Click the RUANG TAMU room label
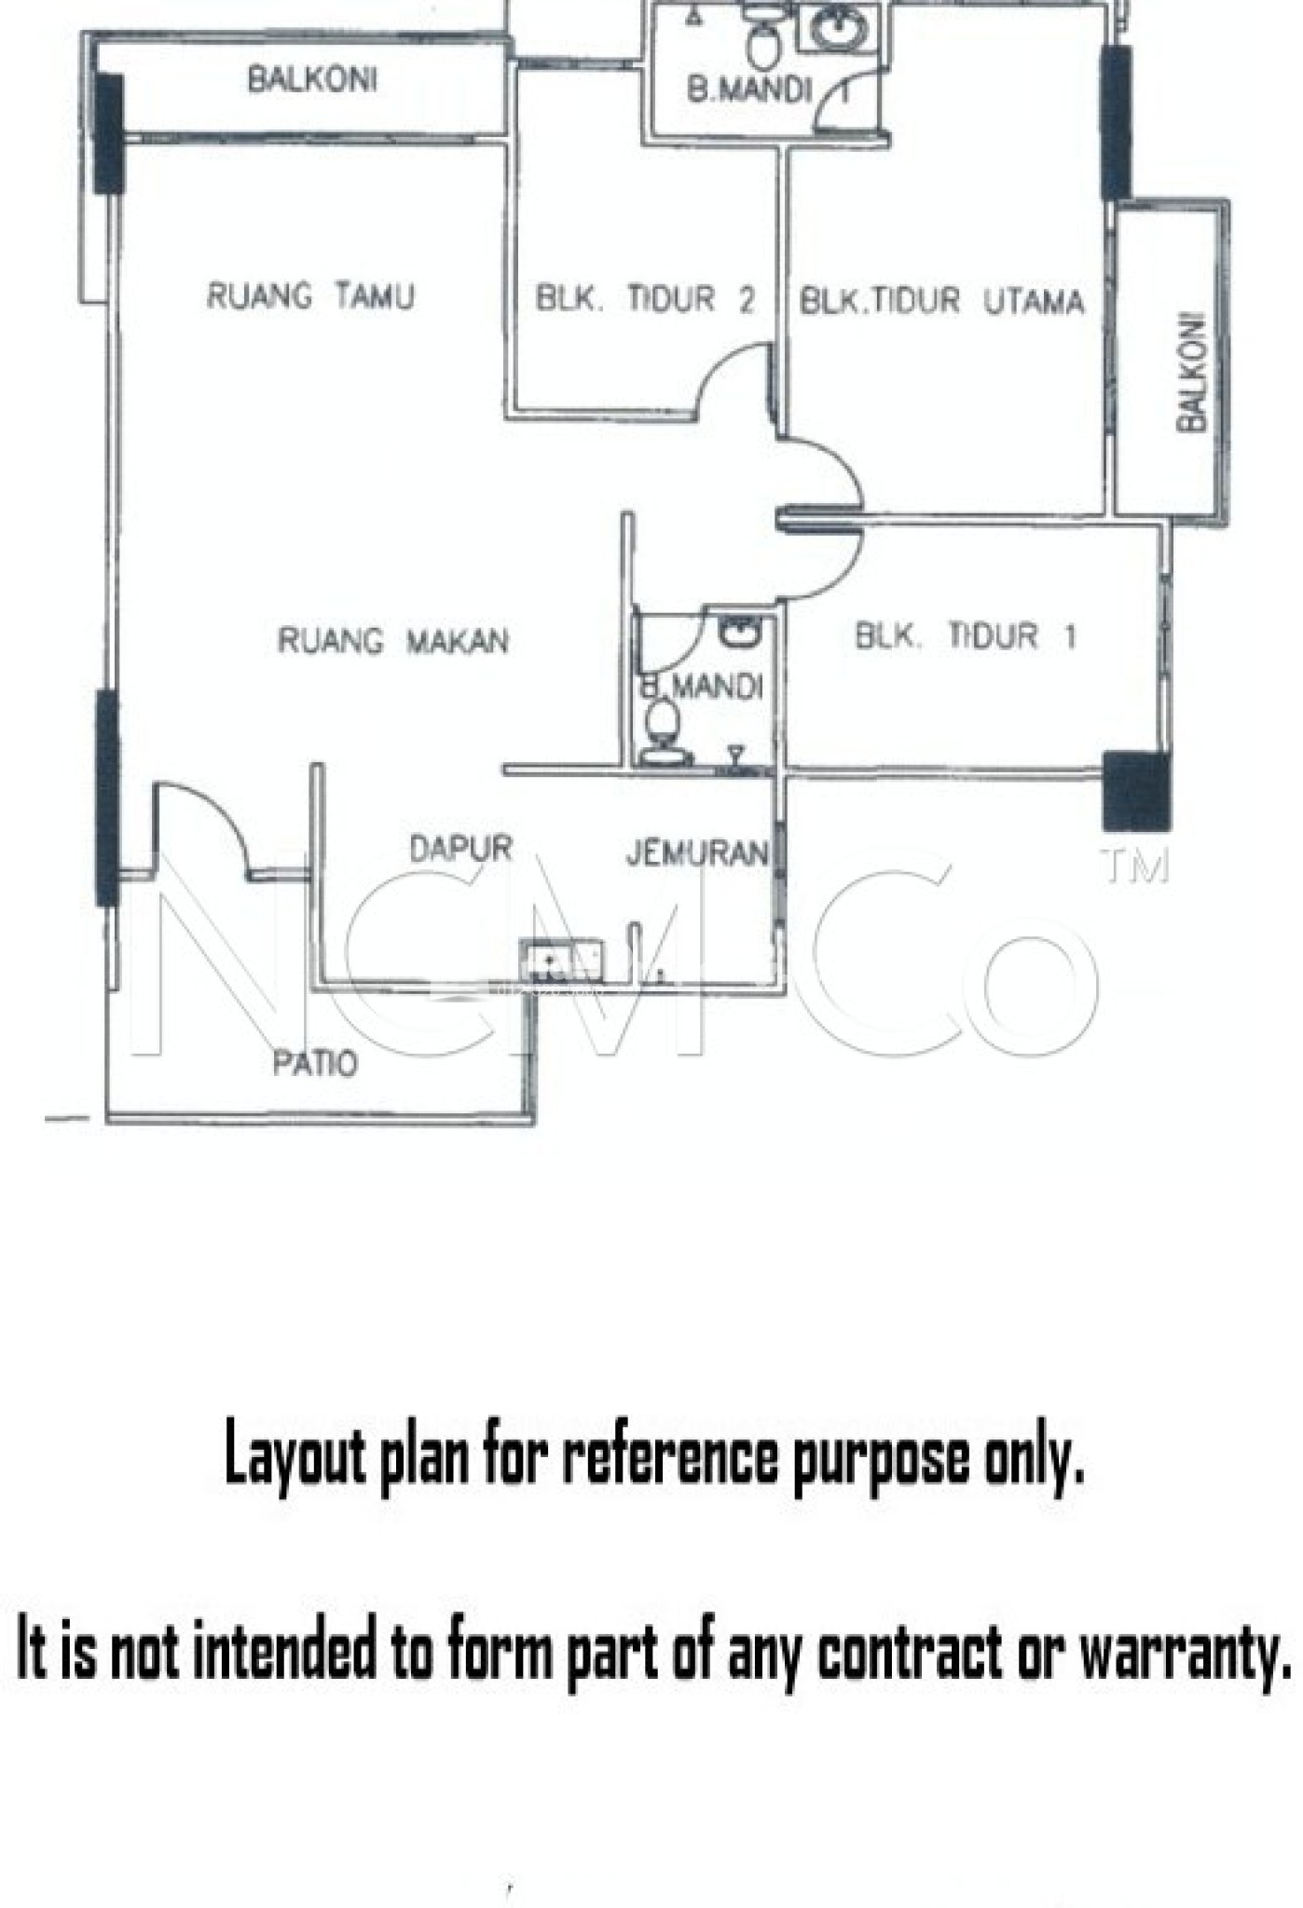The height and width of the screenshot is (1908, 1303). (x=310, y=297)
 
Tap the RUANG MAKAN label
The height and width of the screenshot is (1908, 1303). (x=392, y=641)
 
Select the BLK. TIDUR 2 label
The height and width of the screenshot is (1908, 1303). (x=644, y=300)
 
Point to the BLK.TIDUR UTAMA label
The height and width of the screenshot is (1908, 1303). (x=942, y=302)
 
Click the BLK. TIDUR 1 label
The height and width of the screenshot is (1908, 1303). (x=966, y=636)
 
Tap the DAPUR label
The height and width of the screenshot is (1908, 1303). (x=461, y=848)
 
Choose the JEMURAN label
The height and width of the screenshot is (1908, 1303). (x=696, y=852)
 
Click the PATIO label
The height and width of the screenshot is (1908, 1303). (x=315, y=1063)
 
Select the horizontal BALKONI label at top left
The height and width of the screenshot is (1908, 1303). (x=312, y=80)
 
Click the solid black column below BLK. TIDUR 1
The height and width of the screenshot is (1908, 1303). (x=1136, y=792)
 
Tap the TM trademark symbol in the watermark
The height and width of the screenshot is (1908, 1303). (x=1134, y=866)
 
